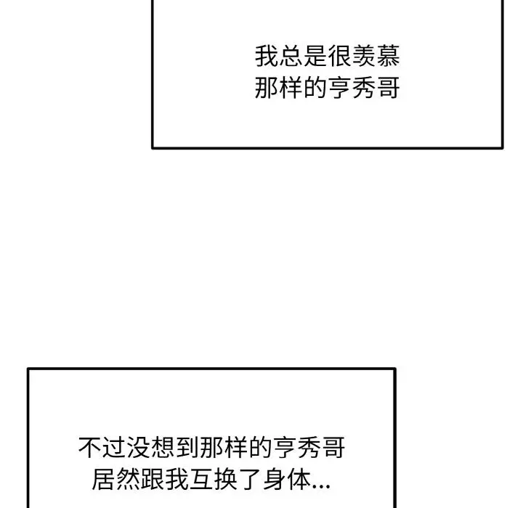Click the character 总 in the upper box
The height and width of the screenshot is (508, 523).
click(291, 56)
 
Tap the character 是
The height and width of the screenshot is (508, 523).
click(315, 56)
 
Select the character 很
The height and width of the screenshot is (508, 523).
click(339, 56)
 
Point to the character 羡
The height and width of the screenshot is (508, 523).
click(364, 56)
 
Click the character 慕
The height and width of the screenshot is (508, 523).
click(388, 56)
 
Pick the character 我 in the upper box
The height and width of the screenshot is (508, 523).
click(267, 56)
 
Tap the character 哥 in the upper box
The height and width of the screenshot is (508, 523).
click(388, 88)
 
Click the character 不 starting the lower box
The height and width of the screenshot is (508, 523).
click(90, 448)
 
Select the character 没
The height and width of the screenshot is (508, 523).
click(139, 448)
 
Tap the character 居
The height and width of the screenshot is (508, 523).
click(103, 479)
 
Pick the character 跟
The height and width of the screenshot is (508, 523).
click(152, 479)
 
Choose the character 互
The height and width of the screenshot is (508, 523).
click(200, 479)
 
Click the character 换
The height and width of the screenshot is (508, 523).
click(225, 479)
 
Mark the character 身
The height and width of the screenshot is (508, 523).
click(274, 479)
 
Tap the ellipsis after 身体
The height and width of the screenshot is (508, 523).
click(320, 487)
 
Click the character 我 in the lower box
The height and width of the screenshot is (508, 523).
click(177, 479)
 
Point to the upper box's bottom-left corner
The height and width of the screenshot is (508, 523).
click(153, 147)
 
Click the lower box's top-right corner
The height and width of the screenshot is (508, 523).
click(395, 369)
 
